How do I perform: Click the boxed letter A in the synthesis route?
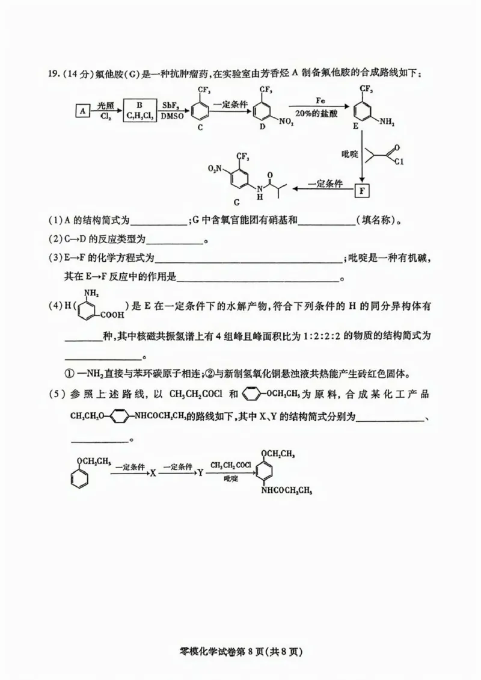click(83, 110)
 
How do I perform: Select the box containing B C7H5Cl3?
click(139, 110)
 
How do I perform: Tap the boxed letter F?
click(362, 191)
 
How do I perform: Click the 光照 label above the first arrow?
click(106, 104)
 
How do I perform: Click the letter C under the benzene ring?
click(200, 127)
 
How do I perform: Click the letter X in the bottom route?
click(153, 473)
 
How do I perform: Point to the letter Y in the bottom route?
click(201, 473)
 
